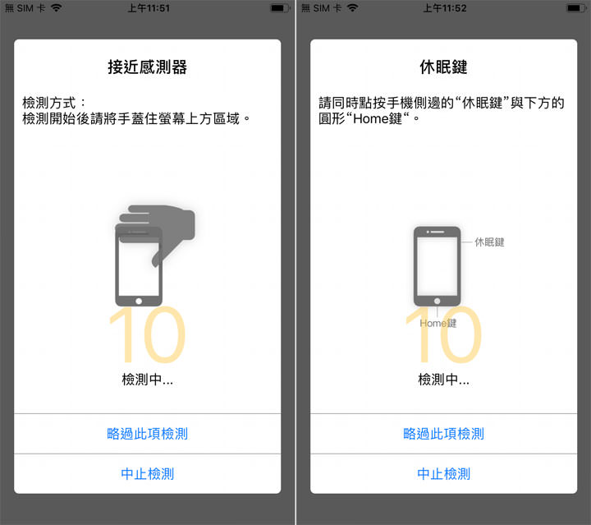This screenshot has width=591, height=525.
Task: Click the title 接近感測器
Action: pos(148,67)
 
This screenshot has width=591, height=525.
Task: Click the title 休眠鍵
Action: pos(443,67)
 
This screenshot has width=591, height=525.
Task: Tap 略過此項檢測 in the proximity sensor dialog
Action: pos(148,433)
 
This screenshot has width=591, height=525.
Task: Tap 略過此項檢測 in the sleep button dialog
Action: pos(443,433)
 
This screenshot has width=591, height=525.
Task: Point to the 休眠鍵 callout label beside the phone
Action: pos(489,242)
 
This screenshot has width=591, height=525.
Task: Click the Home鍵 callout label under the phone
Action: pos(438,324)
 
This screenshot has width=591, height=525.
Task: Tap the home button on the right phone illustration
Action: pos(437,301)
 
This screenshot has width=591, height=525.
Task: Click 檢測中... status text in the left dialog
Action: pos(148,380)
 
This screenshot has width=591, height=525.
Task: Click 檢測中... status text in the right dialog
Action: pos(443,380)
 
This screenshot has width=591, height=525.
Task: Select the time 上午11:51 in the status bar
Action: pos(149,7)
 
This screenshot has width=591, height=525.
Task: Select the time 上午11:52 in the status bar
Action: pos(444,7)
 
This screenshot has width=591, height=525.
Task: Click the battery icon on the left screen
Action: pos(278,7)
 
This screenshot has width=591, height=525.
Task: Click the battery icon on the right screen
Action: pos(574,7)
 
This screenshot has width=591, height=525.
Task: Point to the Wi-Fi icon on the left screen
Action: pos(56,7)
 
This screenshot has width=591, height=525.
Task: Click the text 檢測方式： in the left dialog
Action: pos(54,104)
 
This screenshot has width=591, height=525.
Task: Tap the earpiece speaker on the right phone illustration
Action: pos(437,233)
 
